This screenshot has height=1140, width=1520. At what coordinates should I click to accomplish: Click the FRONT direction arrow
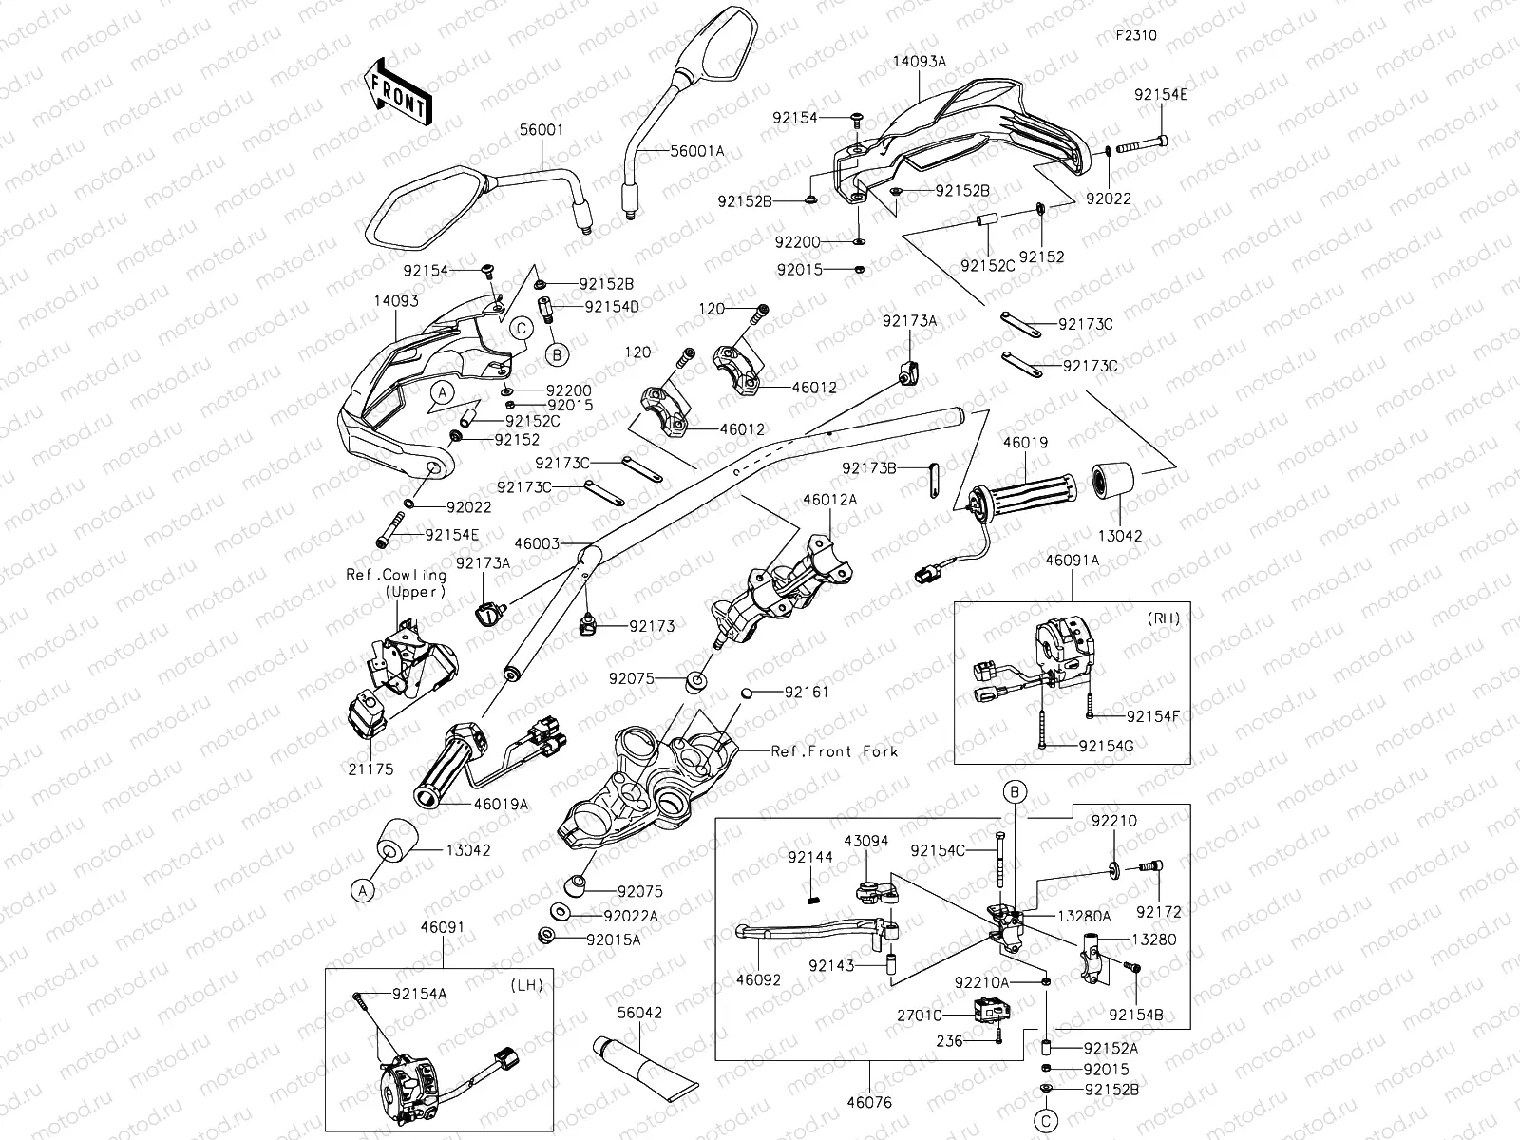click(x=397, y=91)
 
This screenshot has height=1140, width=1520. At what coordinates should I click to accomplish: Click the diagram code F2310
click(x=1135, y=35)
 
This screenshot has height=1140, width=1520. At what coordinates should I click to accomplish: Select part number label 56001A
click(x=696, y=151)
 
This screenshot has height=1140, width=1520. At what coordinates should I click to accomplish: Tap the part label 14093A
click(x=919, y=61)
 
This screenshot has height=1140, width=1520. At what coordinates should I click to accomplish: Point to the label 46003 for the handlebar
click(x=537, y=544)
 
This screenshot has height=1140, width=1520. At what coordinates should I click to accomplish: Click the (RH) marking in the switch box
click(x=1164, y=618)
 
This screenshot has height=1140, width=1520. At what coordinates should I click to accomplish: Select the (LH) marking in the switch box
click(x=527, y=984)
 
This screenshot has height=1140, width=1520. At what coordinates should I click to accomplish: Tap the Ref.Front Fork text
click(x=834, y=751)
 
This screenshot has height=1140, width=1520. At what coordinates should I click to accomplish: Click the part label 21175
click(x=370, y=769)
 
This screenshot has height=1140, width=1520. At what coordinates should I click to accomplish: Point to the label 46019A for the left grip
click(x=501, y=805)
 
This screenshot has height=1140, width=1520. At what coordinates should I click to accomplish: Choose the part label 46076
click(x=870, y=1103)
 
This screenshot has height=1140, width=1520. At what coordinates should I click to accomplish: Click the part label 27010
click(x=920, y=1016)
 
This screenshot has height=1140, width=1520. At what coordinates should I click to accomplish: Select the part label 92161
click(x=806, y=693)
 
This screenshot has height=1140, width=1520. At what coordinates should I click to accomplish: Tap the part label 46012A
click(x=829, y=499)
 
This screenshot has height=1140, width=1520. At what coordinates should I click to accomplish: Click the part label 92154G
click(x=1106, y=746)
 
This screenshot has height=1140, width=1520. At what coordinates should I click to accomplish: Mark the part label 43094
click(x=865, y=841)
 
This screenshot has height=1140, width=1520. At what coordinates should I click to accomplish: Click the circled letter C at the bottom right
click(x=1046, y=1121)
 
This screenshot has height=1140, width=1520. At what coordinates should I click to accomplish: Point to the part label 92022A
click(x=630, y=917)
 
